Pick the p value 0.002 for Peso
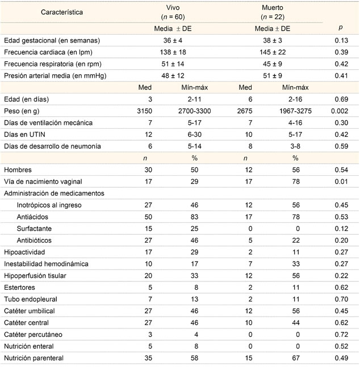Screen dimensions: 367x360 (x=339, y=111)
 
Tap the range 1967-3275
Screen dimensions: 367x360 (x=294, y=111)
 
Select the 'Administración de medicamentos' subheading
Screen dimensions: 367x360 (x=54, y=193)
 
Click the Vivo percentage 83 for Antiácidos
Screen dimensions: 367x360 (x=194, y=217)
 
